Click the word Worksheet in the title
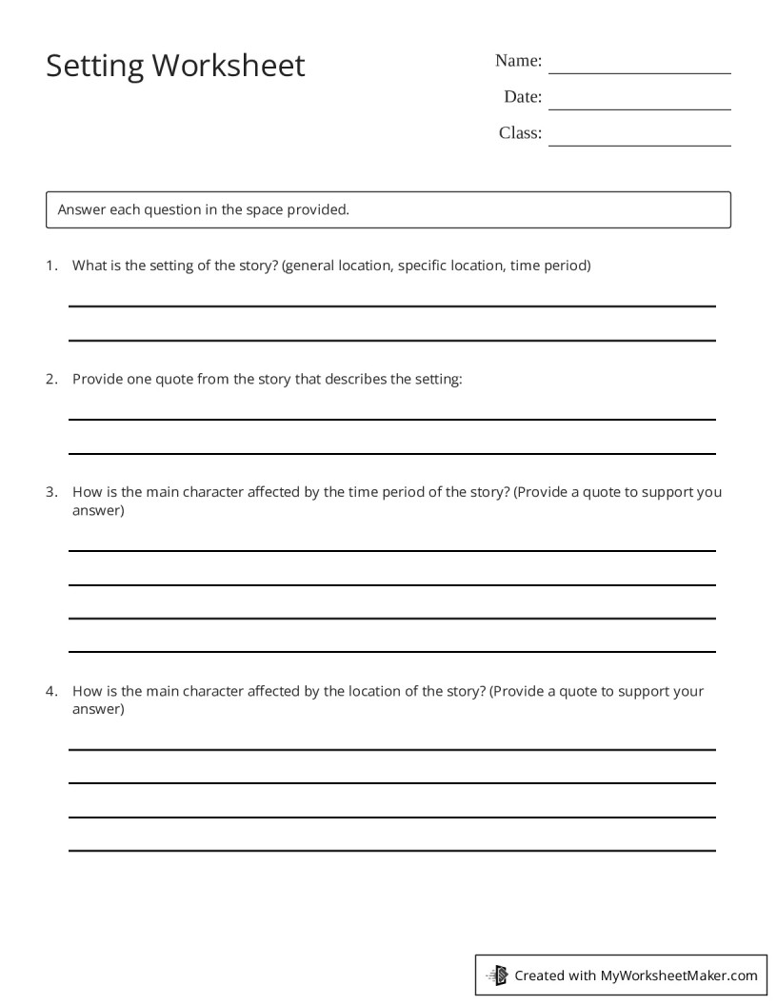[229, 66]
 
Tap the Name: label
[518, 61]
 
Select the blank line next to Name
[639, 72]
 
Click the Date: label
[523, 97]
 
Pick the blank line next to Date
[639, 108]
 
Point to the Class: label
[520, 133]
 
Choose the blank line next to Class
[639, 145]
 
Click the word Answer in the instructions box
[81, 209]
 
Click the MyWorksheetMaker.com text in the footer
[679, 975]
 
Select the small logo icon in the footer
[497, 975]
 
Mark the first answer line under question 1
[391, 306]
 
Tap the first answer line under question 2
[391, 419]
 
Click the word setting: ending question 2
[438, 379]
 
